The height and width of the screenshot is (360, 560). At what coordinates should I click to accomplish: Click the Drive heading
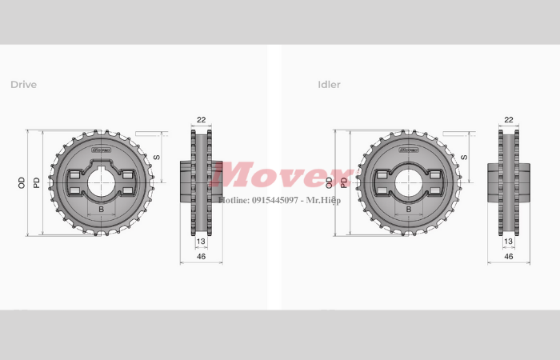(x=23, y=84)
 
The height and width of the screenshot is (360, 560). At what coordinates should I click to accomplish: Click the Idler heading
(x=329, y=84)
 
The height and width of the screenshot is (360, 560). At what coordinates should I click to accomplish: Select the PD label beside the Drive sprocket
(x=36, y=183)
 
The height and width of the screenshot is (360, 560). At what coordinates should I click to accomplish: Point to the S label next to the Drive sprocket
(x=157, y=157)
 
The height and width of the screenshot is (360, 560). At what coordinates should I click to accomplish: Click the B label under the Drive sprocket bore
(x=101, y=210)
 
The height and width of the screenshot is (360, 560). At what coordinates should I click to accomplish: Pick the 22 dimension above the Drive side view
(x=201, y=120)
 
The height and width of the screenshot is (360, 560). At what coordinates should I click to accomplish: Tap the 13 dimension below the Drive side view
(x=201, y=241)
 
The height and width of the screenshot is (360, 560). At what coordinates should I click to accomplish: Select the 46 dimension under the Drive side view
(x=201, y=256)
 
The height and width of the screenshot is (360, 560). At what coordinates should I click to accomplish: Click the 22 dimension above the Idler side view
(x=509, y=120)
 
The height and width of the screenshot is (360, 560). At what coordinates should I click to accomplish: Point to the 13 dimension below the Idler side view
(x=509, y=241)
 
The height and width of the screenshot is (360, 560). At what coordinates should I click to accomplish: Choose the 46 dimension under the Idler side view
(x=509, y=256)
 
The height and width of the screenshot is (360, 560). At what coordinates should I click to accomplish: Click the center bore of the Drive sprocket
(x=101, y=183)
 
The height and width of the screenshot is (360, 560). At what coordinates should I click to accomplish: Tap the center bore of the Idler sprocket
(x=409, y=183)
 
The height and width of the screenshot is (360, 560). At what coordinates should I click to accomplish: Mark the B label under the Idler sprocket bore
(x=409, y=210)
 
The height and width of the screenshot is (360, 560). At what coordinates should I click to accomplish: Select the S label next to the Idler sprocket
(x=464, y=157)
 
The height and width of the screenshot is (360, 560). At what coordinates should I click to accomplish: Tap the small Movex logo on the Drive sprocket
(x=102, y=149)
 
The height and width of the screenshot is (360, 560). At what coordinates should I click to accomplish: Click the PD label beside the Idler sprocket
(x=344, y=183)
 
